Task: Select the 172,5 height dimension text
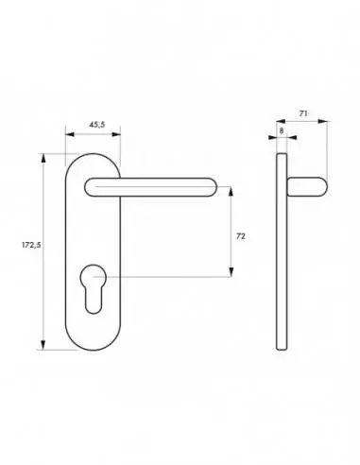coord(29,245)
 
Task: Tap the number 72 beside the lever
coord(240,235)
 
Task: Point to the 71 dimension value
coord(302,112)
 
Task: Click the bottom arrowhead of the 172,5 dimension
coord(43,346)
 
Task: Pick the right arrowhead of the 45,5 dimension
coord(119,133)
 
